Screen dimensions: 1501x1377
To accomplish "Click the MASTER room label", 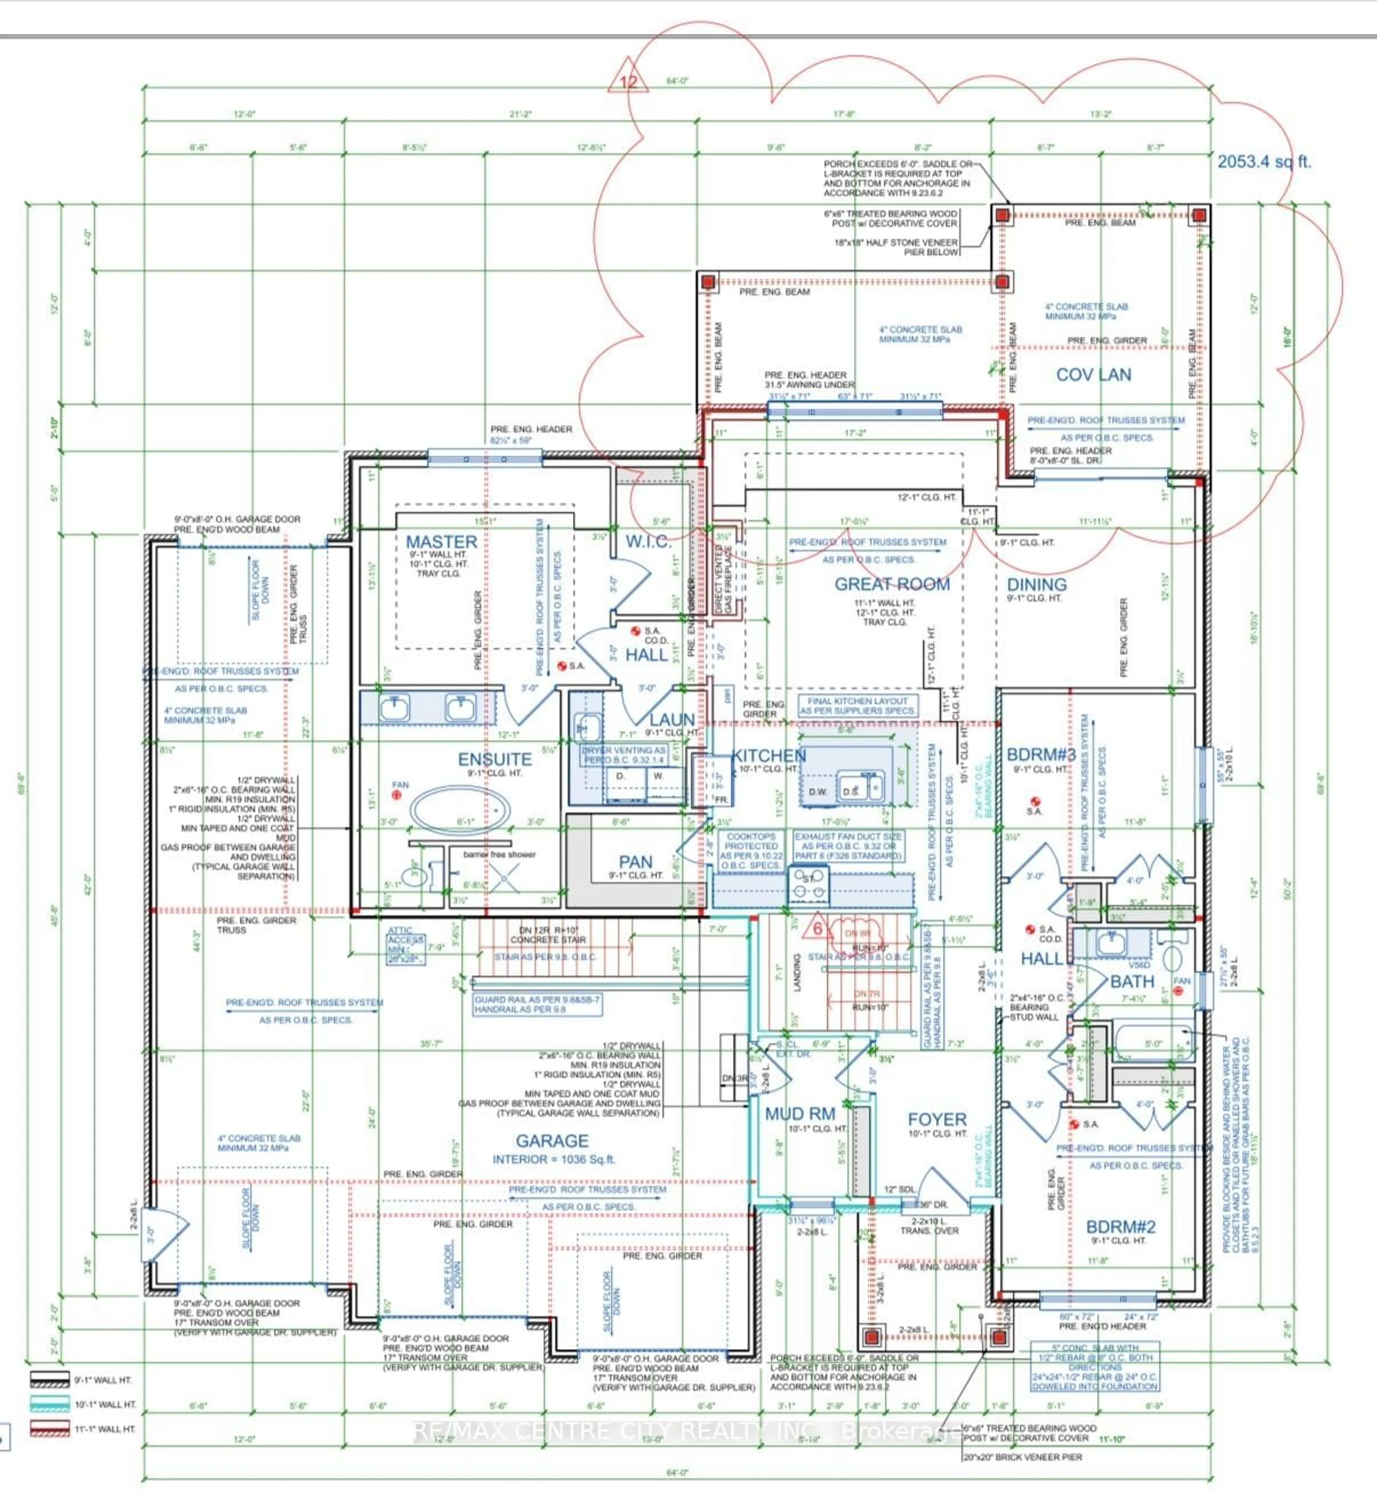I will pos(441,542).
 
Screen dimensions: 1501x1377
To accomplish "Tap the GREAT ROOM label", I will pos(892,584).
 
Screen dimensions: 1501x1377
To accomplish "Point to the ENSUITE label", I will pos(495,759).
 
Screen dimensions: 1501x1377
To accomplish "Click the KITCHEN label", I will pos(769,756).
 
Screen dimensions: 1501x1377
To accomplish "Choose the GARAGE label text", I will pos(552,1141).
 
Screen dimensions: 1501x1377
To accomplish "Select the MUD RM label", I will pos(800,1114).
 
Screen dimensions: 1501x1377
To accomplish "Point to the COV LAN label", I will pos(1093,375).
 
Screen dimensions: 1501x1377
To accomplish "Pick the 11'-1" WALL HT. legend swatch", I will pos(50,1429).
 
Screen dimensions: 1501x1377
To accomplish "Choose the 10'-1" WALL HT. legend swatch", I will pos(50,1404).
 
